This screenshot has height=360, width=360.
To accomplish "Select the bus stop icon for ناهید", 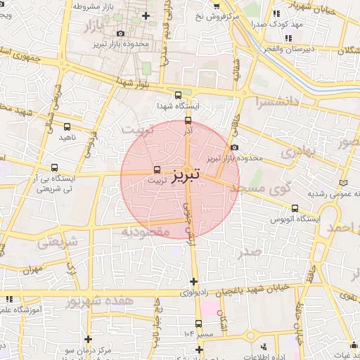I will (x=67, y=127).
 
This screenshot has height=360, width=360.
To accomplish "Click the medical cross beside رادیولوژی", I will (x=193, y=281).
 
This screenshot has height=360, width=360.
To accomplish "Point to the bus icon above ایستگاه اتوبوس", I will (x=295, y=208).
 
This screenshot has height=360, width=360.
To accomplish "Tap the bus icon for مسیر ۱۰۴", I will (x=198, y=324).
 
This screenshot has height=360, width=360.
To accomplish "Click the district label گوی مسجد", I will (x=279, y=188).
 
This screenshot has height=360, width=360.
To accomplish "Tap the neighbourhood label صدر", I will (x=249, y=251).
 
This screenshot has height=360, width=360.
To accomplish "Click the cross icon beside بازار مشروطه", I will (x=146, y=15).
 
